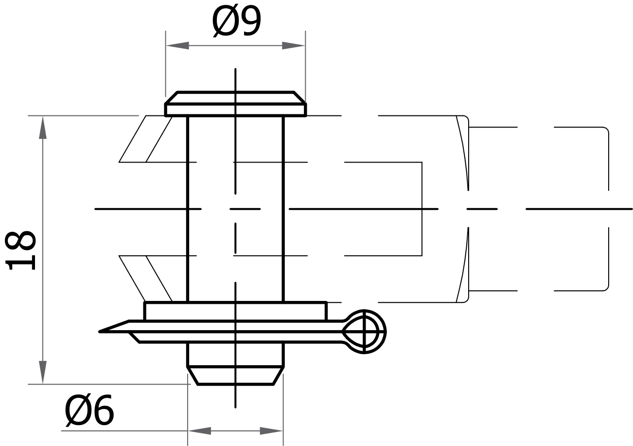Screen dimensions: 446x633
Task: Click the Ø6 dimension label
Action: point(89,409)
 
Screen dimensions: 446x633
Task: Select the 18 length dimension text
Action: point(20,250)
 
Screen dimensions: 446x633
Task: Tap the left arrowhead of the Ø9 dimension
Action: point(177,46)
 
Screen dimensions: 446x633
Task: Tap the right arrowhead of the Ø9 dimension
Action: point(294,46)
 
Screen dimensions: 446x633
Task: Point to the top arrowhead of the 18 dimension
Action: point(43,128)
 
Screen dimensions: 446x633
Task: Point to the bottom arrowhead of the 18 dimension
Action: point(43,372)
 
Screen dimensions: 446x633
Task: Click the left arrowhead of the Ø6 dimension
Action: point(199,431)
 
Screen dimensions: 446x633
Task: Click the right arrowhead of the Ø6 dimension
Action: point(271,431)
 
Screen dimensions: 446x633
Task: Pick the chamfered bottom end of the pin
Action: point(235,375)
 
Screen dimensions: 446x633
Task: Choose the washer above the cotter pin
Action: point(235,311)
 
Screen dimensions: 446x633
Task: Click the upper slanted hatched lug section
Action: point(146,139)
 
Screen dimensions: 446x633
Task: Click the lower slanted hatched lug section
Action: point(146,278)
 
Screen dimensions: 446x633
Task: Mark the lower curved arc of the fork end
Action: point(463,265)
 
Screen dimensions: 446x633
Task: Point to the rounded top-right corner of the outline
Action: point(606,130)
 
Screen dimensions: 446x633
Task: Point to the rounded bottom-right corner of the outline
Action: point(606,288)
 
